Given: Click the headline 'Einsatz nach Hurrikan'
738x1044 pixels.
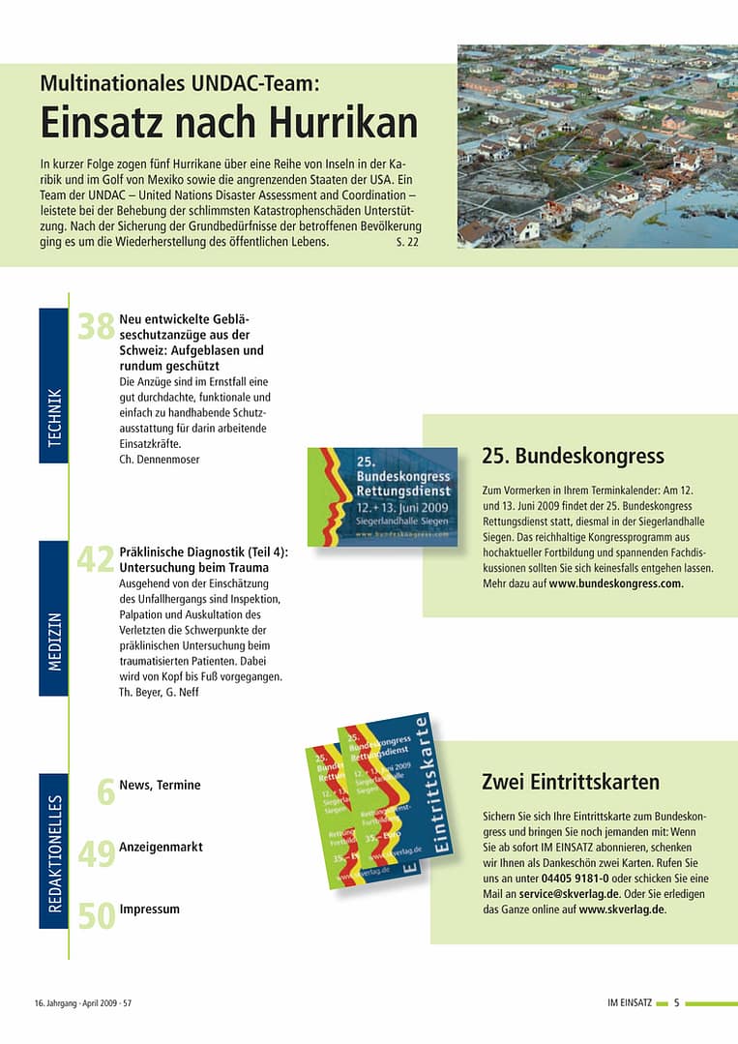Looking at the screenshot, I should coord(229,124).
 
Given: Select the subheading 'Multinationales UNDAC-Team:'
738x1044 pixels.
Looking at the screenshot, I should coord(180,83).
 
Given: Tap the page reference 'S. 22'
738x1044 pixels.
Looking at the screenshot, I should coord(407,242).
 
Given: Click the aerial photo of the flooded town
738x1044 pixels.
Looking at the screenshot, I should coord(597,145).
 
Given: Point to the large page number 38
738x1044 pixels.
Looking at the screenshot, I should coord(96,327).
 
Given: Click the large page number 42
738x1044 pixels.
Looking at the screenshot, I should coord(96,559).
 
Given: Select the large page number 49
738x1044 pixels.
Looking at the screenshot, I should coord(96,854).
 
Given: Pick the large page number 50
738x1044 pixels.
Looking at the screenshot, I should coord(96,915).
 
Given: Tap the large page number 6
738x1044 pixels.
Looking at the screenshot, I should coord(106,791).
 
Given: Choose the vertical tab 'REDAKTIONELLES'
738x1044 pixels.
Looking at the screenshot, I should coord(53,850).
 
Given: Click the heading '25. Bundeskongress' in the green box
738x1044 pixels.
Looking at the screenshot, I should coord(573,456).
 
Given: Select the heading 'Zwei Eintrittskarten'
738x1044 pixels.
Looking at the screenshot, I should coord(571,782).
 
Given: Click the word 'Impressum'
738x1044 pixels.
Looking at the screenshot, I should coord(149,910).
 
